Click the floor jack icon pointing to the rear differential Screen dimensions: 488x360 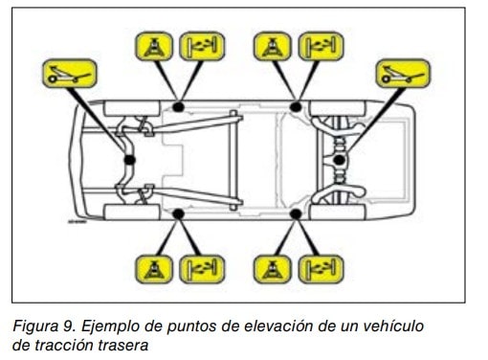coord(403,74)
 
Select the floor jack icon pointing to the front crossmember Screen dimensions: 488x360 coord(70,74)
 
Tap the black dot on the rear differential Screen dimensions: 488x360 coord(340,160)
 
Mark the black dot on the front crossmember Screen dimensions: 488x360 coord(129,160)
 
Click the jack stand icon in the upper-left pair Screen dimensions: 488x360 coord(154,46)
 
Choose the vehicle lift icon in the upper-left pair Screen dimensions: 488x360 coord(202,46)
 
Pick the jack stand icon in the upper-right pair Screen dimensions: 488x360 coord(273,46)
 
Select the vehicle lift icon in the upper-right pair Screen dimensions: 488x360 coord(321,46)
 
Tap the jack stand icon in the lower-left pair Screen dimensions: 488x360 coord(154,269)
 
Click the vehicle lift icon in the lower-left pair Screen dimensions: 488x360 coord(202,269)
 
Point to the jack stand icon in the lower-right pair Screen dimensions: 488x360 coord(273,269)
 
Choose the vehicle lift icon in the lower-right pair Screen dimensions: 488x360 coord(321,269)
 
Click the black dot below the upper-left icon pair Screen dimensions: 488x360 coord(178,106)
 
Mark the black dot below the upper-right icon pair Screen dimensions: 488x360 coord(296,106)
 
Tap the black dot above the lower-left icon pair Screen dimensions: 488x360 coord(178,214)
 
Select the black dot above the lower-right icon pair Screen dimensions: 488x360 coord(296,214)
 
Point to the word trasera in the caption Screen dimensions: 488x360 coord(123,346)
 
